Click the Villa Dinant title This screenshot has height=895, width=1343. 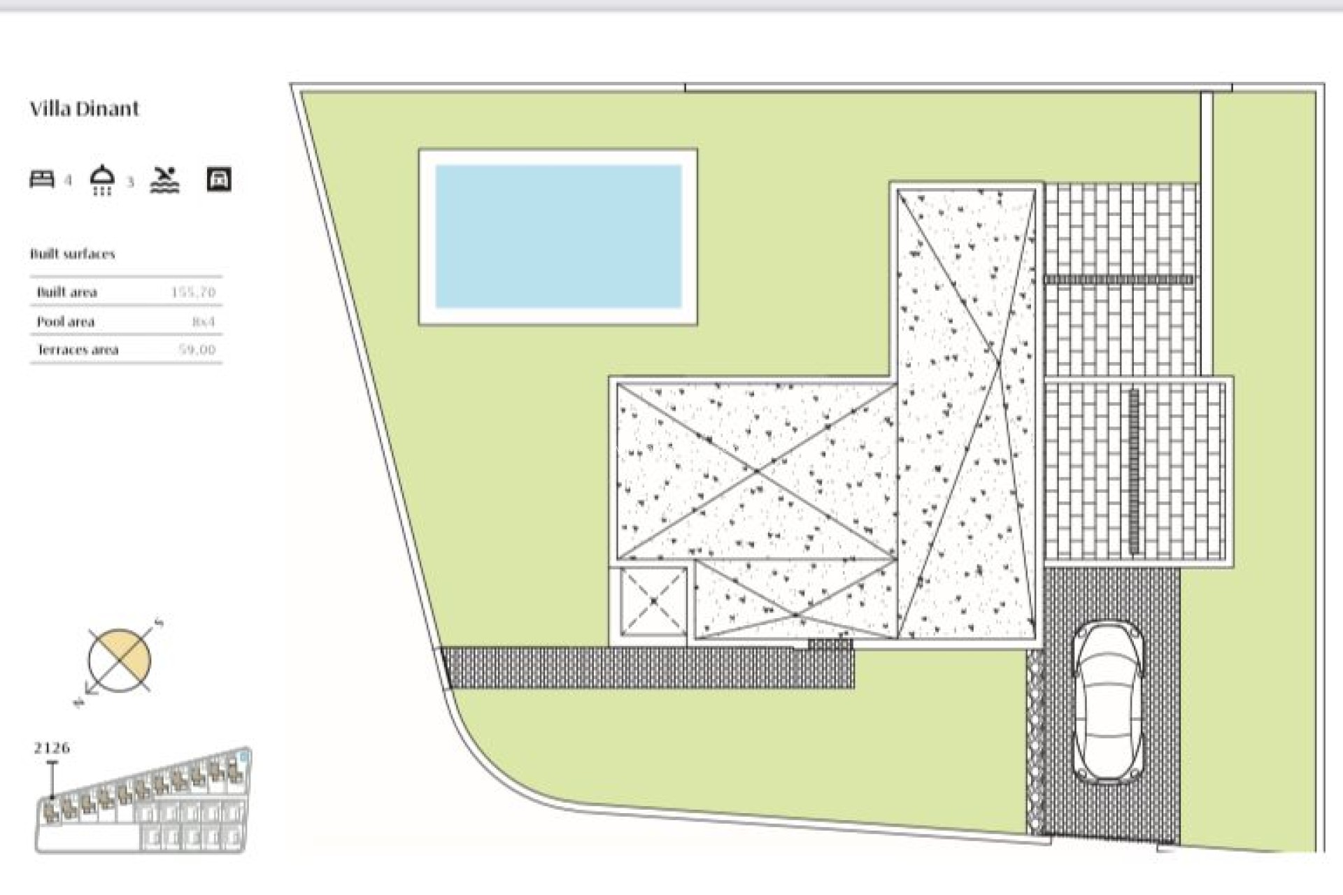tap(84, 108)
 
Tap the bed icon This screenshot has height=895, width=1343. tap(42, 179)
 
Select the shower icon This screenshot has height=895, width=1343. tap(103, 180)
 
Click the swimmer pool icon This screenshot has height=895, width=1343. tap(165, 180)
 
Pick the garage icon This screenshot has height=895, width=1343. tap(219, 179)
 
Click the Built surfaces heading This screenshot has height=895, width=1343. tap(72, 254)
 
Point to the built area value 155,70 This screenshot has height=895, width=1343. tap(193, 292)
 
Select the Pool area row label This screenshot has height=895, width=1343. tap(65, 322)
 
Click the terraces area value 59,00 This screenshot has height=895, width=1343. tap(197, 350)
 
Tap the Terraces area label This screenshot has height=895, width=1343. tap(77, 350)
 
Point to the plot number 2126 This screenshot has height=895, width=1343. tap(52, 747)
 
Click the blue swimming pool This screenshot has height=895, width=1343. tap(558, 236)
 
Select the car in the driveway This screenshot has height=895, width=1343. tap(1107, 702)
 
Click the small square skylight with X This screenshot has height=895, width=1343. tap(653, 601)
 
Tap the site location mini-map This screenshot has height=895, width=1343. tap(143, 804)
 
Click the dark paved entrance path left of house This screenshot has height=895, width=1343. tap(647, 667)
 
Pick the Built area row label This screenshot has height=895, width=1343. tap(66, 292)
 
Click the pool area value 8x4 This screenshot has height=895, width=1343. tap(203, 322)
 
